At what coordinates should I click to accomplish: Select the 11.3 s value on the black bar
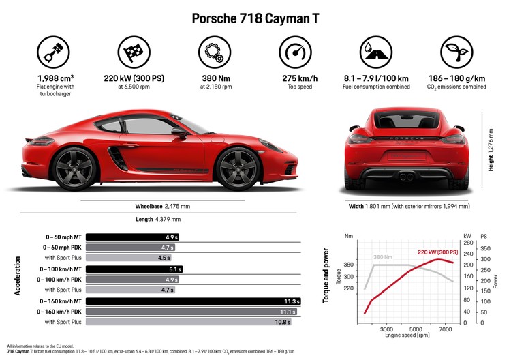click(x=292, y=301)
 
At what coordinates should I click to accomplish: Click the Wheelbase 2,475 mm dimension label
click(x=162, y=205)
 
